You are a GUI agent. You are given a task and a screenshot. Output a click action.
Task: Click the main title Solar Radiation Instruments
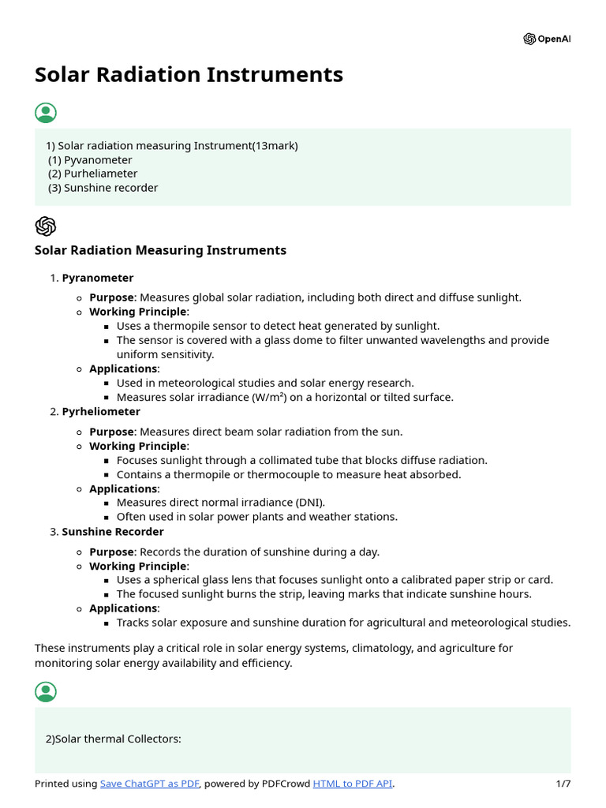coord(189,75)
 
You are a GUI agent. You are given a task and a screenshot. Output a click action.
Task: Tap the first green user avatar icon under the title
coord(46,113)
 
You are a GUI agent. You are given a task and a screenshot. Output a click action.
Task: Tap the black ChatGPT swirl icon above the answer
coord(46,226)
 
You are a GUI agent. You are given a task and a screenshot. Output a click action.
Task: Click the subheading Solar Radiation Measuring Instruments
coord(160,250)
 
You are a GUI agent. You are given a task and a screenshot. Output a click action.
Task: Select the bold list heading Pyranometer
coord(98,279)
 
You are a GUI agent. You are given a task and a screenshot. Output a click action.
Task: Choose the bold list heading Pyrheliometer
coord(101,412)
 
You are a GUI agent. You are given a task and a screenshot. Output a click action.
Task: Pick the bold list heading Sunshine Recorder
coord(113,532)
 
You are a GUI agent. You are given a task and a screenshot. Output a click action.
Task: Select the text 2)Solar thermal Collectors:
coord(114,739)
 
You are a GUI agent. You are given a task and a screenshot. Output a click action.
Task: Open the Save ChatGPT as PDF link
coord(150,784)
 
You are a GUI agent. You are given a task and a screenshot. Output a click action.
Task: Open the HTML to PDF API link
coord(352,784)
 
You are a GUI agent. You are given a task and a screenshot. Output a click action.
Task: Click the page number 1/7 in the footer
coord(563,784)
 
